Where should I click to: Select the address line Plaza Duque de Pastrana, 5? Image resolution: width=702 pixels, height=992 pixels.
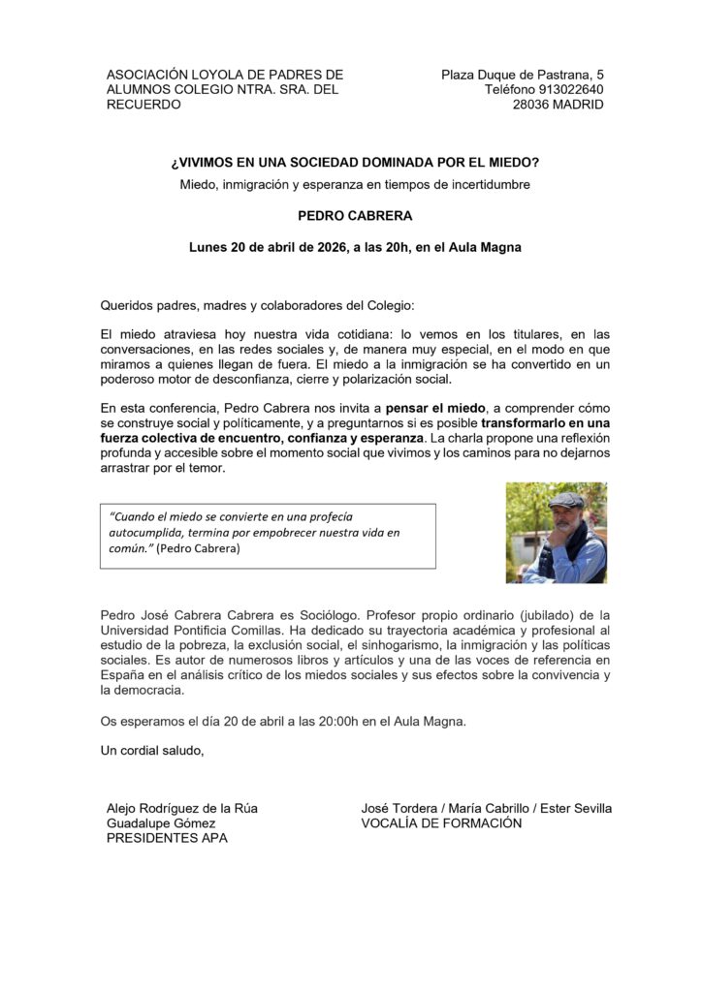[522, 74]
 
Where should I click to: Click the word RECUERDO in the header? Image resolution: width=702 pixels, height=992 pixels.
[144, 105]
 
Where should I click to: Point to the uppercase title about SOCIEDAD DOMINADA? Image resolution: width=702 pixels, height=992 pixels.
[354, 163]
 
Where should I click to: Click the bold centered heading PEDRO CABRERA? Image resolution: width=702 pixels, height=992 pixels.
[354, 215]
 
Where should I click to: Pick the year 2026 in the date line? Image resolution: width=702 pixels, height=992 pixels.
[334, 247]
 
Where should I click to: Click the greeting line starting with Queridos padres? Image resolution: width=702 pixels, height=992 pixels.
[257, 305]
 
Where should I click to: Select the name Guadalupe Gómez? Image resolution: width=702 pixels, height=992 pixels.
[161, 823]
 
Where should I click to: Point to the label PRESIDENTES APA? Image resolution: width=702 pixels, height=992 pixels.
[167, 838]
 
